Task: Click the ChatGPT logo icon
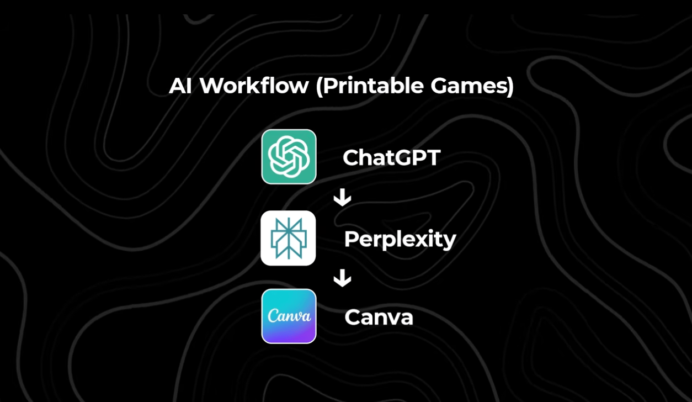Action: [x=289, y=157]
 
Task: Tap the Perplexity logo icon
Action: [x=288, y=238]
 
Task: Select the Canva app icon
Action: [x=289, y=316]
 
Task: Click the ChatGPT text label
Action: [x=391, y=158]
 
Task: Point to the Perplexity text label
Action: [x=400, y=240]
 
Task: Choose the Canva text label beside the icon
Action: [x=379, y=318]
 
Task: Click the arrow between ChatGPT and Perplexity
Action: [x=342, y=197]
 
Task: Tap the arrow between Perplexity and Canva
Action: [x=342, y=278]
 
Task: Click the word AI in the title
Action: [x=180, y=86]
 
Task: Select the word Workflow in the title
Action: [x=254, y=86]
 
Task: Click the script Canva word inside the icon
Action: [x=289, y=316]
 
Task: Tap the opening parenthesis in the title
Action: [x=319, y=87]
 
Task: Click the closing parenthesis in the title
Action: [x=510, y=87]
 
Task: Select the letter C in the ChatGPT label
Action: [x=351, y=158]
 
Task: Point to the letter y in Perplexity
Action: [x=450, y=242]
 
